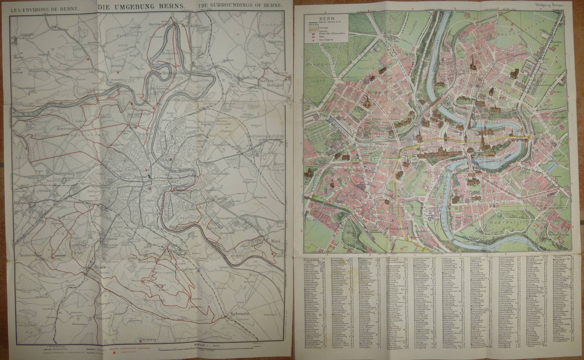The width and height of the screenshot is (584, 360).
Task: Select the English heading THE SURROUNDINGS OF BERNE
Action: coord(240,6)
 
